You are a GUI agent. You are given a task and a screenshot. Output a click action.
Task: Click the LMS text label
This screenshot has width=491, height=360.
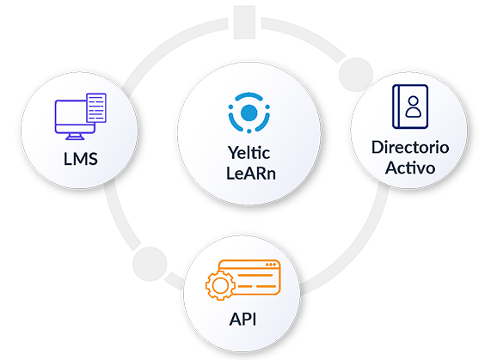point(81,159)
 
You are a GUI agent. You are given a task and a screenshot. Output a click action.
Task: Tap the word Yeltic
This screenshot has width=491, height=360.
point(249,153)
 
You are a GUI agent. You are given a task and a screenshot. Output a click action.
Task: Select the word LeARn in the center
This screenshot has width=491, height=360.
point(251,174)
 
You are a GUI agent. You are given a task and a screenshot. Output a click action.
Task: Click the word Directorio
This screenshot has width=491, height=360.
point(410,147)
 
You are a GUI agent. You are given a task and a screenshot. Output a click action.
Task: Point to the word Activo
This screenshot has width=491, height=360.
point(410,168)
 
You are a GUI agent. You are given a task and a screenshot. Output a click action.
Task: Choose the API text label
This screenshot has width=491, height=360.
point(242,320)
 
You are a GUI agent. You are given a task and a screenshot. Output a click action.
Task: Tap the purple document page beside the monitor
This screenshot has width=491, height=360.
point(96,107)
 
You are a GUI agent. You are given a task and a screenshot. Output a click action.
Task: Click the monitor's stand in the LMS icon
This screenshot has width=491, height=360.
point(75,137)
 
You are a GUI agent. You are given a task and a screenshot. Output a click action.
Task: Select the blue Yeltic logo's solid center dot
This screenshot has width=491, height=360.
point(249,113)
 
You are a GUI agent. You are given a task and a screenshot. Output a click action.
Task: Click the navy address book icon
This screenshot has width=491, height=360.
point(410,107)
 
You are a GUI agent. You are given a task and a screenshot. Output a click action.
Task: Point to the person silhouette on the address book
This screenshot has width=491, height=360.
point(414,107)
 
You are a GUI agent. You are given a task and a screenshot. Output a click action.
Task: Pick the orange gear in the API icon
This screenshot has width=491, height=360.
point(220,285)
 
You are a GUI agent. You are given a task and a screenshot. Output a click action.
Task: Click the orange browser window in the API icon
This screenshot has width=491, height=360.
point(249,278)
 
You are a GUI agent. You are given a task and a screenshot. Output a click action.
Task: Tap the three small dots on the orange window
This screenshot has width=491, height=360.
point(271,265)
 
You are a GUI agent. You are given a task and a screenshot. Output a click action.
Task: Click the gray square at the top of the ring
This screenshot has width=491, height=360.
point(244,22)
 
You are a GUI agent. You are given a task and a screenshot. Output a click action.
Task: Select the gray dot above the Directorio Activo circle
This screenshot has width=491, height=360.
point(356,75)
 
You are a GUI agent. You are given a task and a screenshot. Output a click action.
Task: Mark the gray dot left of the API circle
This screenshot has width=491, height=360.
point(150,264)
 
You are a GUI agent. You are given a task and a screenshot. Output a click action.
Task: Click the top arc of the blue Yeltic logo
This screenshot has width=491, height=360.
point(249,96)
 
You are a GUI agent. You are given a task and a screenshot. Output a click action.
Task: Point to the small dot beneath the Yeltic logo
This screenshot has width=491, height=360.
point(249,131)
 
